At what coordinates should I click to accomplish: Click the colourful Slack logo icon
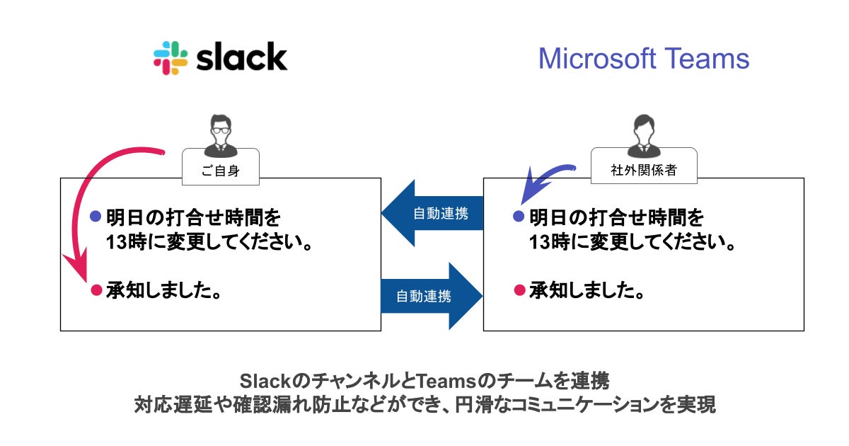point(171,58)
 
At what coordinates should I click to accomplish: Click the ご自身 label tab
point(220,170)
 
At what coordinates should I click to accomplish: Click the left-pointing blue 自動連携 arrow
point(431,213)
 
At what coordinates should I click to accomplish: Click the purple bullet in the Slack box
point(96,216)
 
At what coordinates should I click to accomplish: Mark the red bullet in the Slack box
point(96,290)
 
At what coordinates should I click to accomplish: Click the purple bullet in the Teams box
point(519,216)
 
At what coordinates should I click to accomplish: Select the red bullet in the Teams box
point(519,290)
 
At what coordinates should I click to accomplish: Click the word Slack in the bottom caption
point(265,381)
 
